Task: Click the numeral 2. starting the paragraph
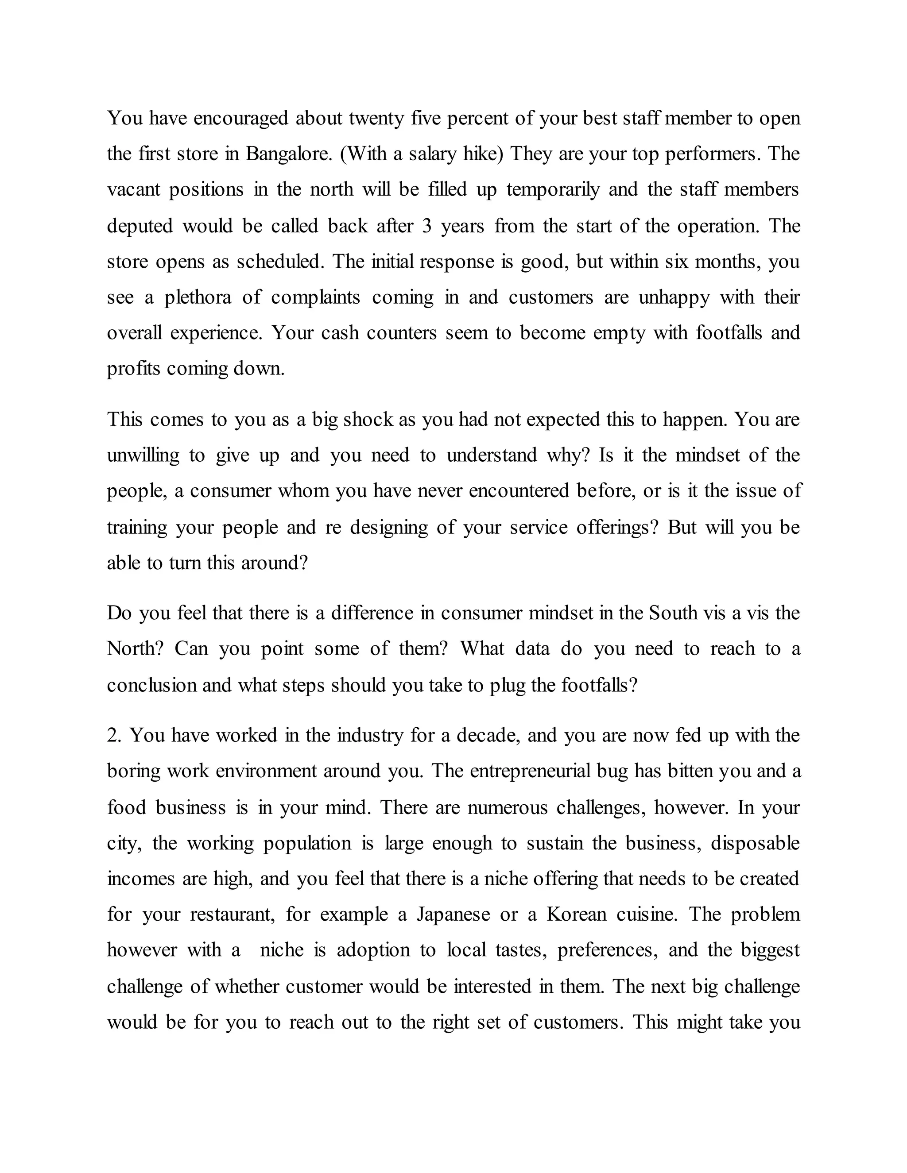coord(114,735)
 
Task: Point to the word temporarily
coord(552,189)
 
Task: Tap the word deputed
coord(140,226)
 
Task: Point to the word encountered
coord(518,491)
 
